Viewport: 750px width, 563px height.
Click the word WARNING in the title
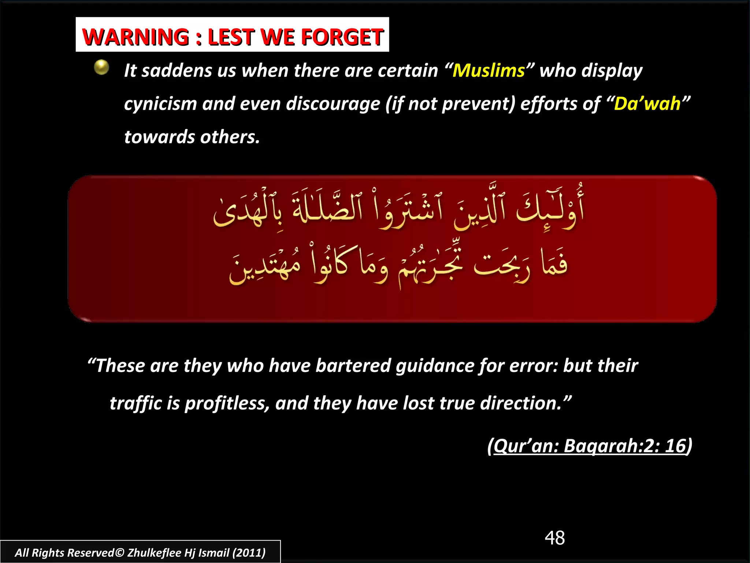(x=136, y=37)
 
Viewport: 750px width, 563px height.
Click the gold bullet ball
(x=101, y=67)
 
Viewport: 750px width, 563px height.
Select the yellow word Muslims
(x=489, y=70)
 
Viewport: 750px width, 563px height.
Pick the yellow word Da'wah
(x=647, y=104)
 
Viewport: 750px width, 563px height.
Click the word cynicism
(x=160, y=104)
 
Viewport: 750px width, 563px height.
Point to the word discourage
(x=333, y=104)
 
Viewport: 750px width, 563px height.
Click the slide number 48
(x=554, y=538)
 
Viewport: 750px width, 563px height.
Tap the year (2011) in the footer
(x=249, y=552)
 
